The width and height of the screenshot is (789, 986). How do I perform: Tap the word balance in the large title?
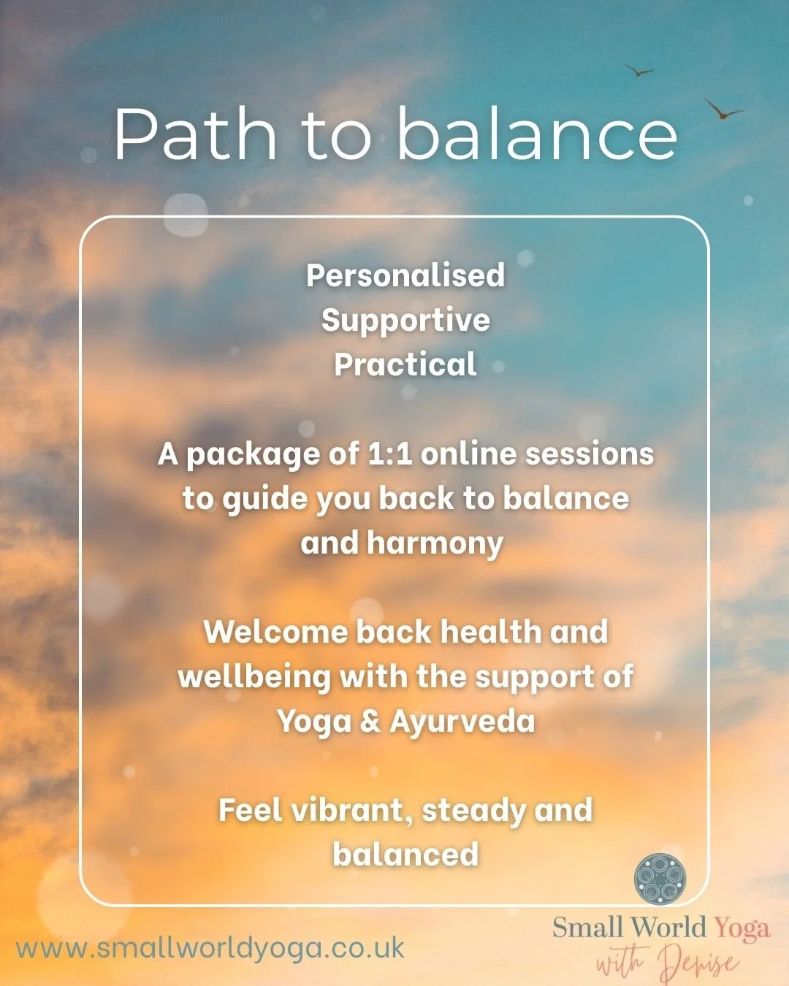[537, 134]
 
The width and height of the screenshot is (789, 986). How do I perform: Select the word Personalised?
[405, 275]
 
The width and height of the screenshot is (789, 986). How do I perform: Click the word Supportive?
[405, 321]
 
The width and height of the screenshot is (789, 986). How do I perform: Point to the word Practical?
[405, 364]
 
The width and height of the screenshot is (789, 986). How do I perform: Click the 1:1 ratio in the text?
[390, 454]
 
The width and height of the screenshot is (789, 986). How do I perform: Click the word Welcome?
[275, 633]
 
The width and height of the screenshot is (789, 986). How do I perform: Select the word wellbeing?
[254, 677]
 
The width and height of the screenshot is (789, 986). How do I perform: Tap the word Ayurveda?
[462, 722]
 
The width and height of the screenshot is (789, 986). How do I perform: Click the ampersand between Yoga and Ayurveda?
[370, 722]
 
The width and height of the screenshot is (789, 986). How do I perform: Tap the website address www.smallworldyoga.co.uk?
[210, 948]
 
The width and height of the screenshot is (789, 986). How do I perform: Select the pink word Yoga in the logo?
[742, 928]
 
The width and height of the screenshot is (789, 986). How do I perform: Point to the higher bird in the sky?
[640, 71]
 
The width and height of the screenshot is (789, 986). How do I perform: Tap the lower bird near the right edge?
[723, 111]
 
